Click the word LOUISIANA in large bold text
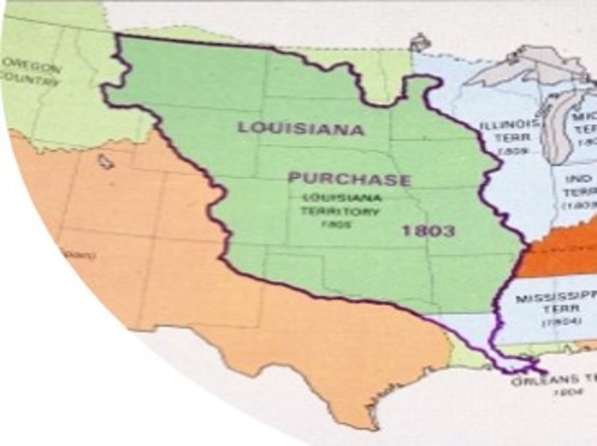[x=300, y=128]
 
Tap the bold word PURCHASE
[x=348, y=178]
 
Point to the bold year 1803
[x=428, y=230]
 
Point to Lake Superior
[x=522, y=70]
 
